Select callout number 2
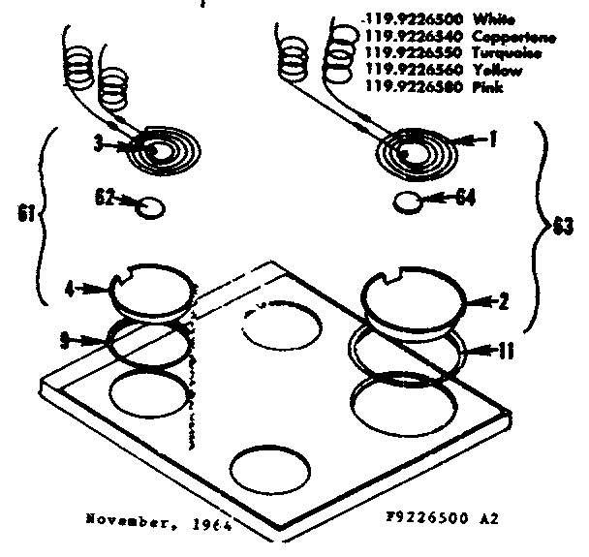tap(503, 303)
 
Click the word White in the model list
tap(495, 18)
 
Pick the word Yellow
tap(498, 71)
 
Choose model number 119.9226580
tap(405, 88)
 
